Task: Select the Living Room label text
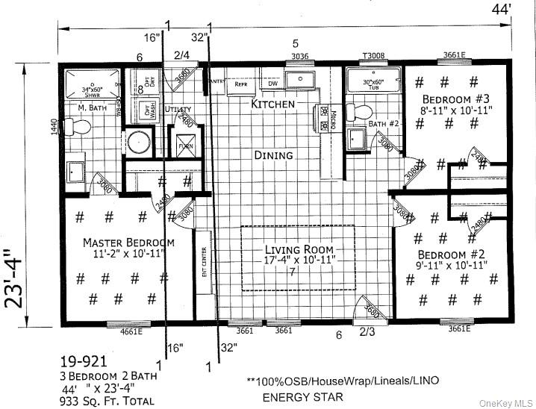[299, 249]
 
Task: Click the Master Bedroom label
[128, 243]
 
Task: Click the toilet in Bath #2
[362, 113]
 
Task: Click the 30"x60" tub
[373, 84]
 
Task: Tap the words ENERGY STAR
[296, 397]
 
